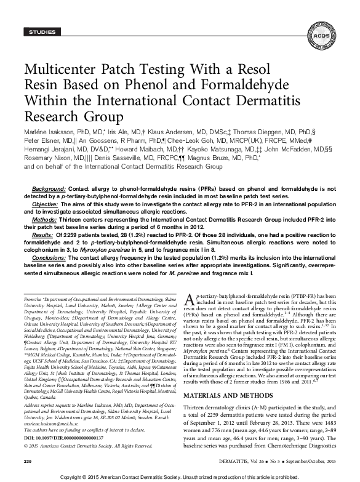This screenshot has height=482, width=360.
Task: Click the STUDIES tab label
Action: click(x=38, y=31)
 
